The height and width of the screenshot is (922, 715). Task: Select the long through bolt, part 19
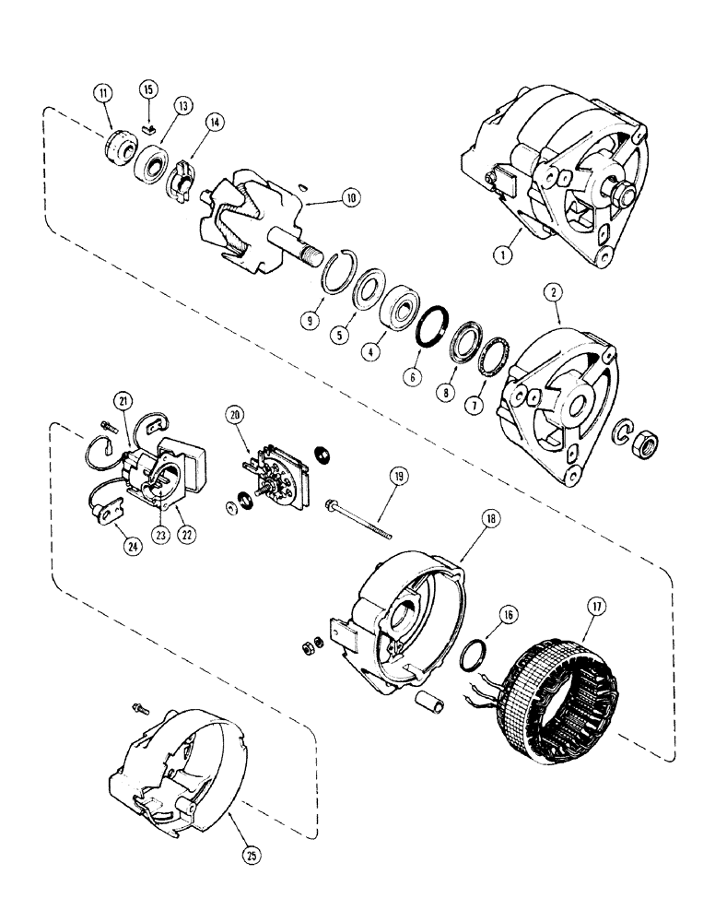[x=358, y=518]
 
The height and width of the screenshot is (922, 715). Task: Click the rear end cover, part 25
[x=173, y=764]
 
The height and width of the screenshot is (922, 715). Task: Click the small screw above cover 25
[x=139, y=708]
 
